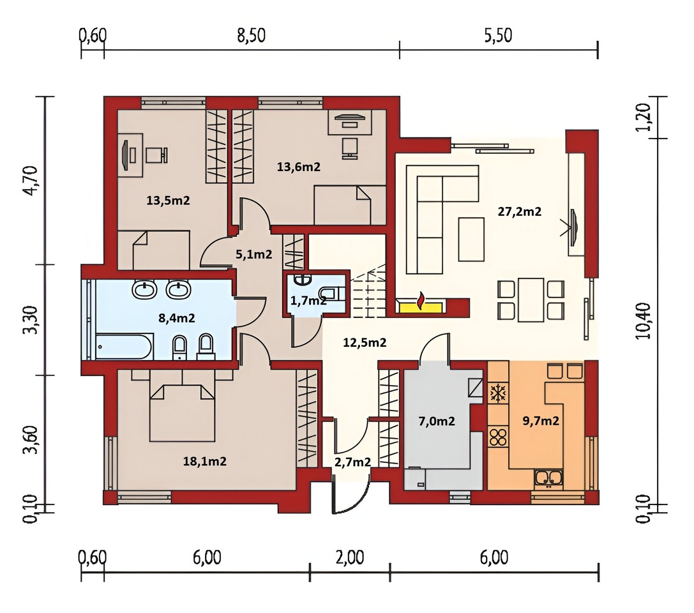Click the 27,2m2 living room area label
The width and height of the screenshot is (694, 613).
[x=519, y=211]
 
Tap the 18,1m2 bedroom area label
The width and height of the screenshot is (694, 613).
[x=204, y=462]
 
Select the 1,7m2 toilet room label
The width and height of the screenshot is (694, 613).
[x=308, y=301]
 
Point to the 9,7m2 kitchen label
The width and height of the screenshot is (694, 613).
[x=540, y=421]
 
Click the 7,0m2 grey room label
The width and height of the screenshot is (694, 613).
[x=437, y=421]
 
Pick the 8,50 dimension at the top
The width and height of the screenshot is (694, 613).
[x=251, y=35]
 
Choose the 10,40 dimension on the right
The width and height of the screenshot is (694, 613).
[x=644, y=321]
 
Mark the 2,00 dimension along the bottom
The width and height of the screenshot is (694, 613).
[x=350, y=557]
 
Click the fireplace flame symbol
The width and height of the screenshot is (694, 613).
[x=421, y=300]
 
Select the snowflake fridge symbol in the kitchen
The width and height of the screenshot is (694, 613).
[x=498, y=393]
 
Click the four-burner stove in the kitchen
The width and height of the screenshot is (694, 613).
[x=498, y=437]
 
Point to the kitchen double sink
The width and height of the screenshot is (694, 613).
[x=548, y=479]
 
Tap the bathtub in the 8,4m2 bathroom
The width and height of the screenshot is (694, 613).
[x=124, y=347]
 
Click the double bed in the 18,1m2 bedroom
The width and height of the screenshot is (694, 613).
[x=183, y=412]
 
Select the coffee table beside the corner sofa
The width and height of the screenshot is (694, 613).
[x=471, y=239]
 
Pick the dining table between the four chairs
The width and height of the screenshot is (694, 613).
[x=531, y=299]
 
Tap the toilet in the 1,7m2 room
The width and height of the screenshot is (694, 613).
[x=331, y=292]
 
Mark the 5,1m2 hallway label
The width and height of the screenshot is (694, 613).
[x=253, y=255]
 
